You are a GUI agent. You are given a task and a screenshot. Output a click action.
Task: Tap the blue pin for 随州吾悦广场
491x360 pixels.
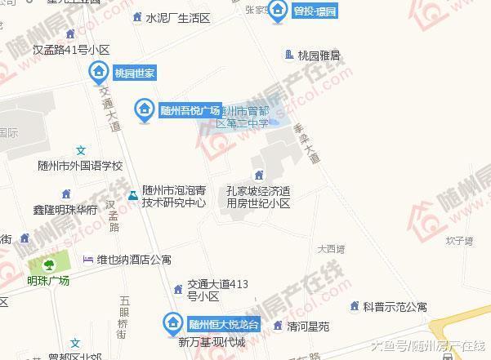click(145, 109)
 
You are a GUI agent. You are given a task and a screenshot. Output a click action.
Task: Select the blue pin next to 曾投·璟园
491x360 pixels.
click(279, 11)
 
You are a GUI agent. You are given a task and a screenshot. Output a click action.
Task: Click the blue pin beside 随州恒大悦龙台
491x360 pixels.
click(172, 323)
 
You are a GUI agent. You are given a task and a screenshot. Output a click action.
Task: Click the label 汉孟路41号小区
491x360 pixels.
click(71, 49)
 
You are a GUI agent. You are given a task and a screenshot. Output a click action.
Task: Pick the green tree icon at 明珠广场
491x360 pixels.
click(48, 264)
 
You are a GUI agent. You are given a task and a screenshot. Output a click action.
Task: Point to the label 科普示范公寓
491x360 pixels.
click(395, 307)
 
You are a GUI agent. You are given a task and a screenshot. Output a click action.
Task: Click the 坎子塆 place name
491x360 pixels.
click(460, 241)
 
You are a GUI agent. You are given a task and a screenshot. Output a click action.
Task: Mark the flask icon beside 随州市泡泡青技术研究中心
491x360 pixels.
click(132, 195)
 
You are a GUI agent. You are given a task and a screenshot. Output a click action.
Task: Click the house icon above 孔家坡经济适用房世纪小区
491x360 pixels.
click(259, 174)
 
